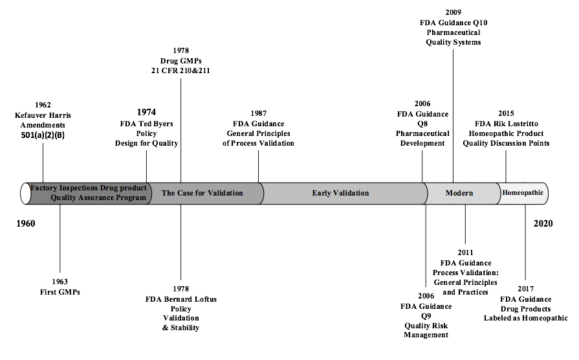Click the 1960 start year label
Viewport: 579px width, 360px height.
(x=25, y=223)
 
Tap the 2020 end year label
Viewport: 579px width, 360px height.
(x=543, y=223)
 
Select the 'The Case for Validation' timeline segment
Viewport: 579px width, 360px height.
(x=202, y=193)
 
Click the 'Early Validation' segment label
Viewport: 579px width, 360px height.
(x=340, y=193)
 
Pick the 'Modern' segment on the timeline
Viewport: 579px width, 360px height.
(x=459, y=193)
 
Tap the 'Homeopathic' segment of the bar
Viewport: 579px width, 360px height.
(x=523, y=193)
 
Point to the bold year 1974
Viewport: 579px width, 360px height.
(x=146, y=112)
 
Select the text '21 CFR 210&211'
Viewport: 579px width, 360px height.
(x=181, y=71)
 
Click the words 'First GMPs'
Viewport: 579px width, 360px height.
(x=60, y=292)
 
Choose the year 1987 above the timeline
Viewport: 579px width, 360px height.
(x=259, y=113)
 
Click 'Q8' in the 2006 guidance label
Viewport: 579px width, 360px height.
(x=422, y=124)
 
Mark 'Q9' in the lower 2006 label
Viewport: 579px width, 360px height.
(x=426, y=315)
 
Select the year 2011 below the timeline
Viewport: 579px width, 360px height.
(x=465, y=253)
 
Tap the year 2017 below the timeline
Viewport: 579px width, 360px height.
(x=526, y=289)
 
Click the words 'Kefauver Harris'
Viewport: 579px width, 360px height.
(x=44, y=115)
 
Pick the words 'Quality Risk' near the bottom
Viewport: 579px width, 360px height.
(x=426, y=325)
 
